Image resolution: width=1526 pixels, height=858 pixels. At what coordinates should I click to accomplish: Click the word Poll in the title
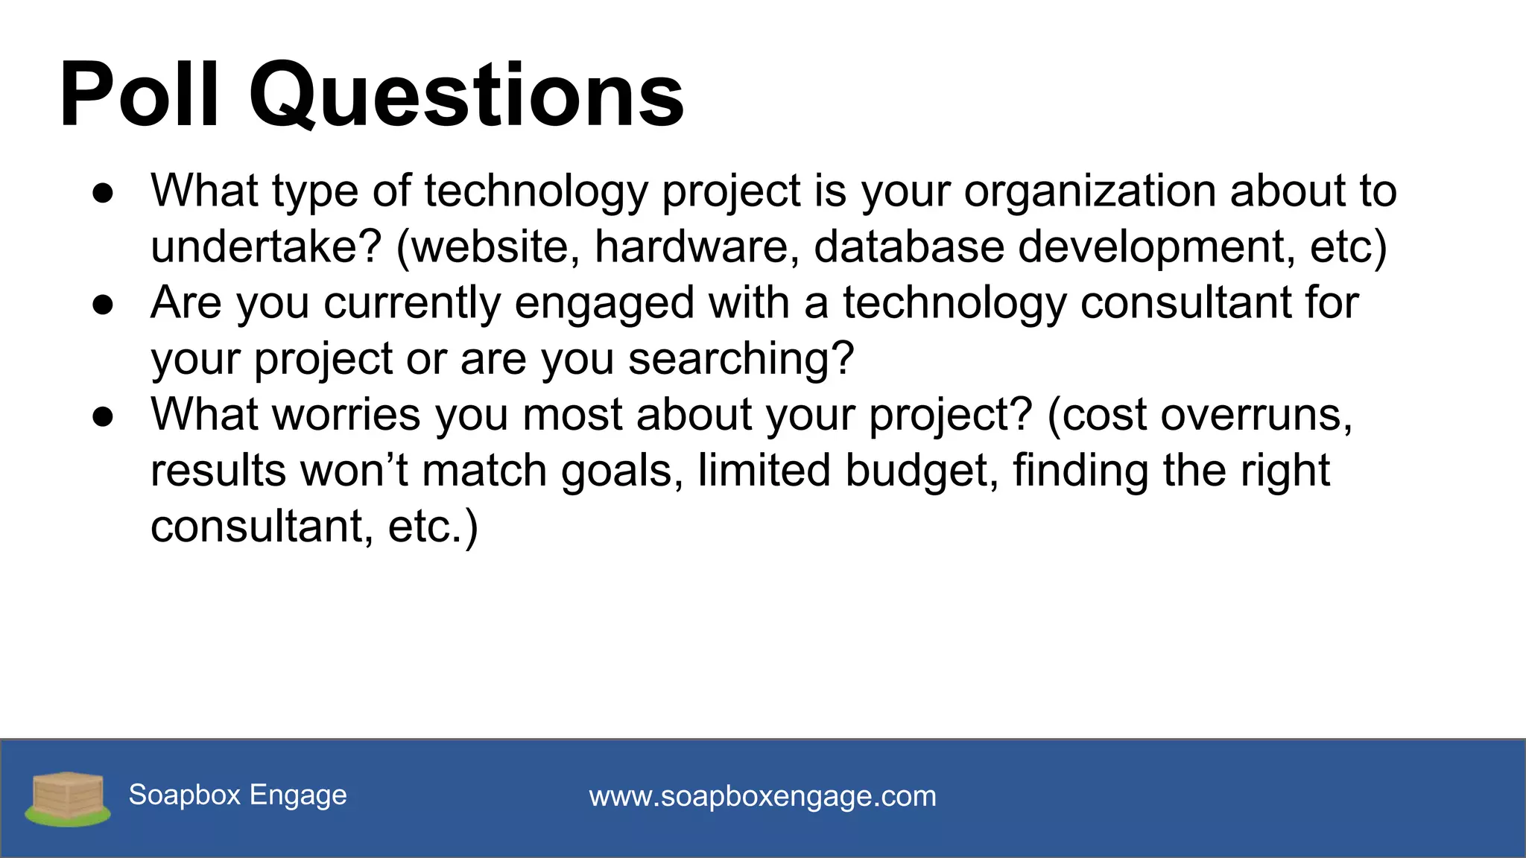coord(139,95)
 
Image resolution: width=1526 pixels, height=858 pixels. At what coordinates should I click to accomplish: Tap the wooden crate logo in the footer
coord(68,798)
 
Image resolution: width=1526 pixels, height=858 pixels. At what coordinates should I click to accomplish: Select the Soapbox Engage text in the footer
coord(238,795)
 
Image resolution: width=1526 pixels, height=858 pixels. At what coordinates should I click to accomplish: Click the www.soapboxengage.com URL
coord(762,796)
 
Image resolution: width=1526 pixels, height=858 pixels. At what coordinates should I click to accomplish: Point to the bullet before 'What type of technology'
coord(103,193)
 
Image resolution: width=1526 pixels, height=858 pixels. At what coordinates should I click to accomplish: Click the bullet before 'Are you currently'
coord(103,305)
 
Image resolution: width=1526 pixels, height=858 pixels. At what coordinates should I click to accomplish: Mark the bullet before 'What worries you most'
coord(103,416)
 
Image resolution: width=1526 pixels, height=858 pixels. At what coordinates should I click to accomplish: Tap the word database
coord(908,247)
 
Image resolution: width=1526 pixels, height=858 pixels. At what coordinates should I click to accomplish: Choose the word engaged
coord(604,305)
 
